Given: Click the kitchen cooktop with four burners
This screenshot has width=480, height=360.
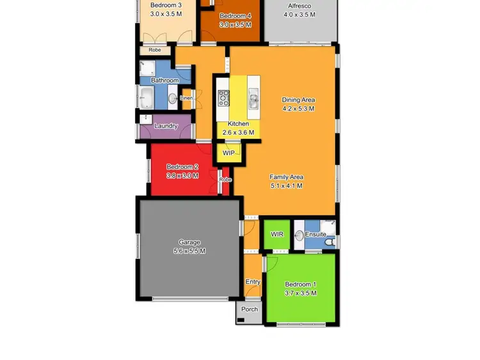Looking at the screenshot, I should pos(224,98).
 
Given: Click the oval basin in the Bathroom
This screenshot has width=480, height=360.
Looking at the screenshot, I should pos(172,98).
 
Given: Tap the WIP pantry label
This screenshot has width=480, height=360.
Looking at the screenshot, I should pos(228,153).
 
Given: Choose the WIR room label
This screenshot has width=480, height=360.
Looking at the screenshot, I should pos(277,235).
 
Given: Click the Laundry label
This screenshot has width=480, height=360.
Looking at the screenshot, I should pos(166,126).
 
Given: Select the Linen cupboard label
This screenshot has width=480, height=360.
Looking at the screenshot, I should pos(186,98).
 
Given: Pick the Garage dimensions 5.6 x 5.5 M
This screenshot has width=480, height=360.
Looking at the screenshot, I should pos(189,251).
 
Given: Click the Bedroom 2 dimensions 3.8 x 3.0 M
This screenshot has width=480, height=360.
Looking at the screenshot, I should pos(182,175).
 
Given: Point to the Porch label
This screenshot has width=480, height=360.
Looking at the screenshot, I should pos(250,309).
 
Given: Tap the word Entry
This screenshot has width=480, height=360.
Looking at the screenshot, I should pos(253,282).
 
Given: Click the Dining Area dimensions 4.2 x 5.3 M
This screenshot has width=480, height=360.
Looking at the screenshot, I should pos(299,109).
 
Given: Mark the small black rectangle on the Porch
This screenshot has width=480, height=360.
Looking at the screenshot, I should pos(241,320).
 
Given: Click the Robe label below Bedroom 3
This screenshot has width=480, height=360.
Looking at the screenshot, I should pos(155,50).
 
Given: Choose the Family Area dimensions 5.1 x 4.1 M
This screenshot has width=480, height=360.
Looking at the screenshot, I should pos(286,186).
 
